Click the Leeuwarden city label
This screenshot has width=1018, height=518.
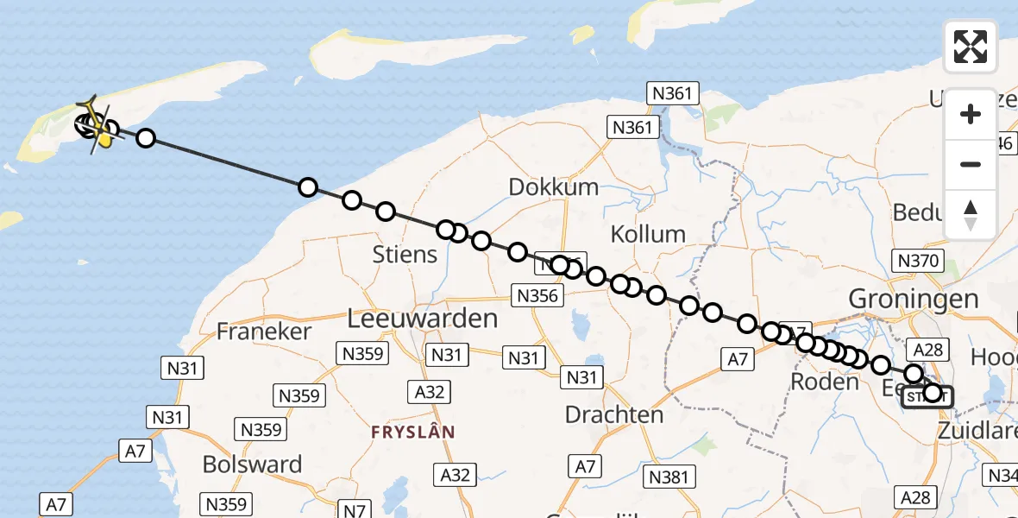[x=423, y=319]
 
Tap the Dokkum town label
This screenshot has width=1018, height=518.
[x=553, y=187]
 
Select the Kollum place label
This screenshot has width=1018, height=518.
[x=648, y=234]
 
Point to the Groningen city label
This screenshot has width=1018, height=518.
[x=914, y=300]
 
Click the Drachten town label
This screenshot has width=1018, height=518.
[x=614, y=415]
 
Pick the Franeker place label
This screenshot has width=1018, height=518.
[x=263, y=331]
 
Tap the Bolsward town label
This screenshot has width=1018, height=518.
[x=252, y=464]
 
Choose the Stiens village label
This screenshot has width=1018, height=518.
[x=405, y=255]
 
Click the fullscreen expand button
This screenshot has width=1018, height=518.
[x=971, y=47]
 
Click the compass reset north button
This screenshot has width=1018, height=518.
[x=971, y=215]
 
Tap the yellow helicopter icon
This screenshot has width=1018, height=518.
[x=98, y=127]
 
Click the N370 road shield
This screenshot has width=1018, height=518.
[x=920, y=261]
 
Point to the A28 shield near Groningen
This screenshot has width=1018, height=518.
[x=930, y=349]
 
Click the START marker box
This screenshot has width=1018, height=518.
[x=927, y=397]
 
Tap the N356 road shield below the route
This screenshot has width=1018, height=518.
[x=539, y=295]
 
